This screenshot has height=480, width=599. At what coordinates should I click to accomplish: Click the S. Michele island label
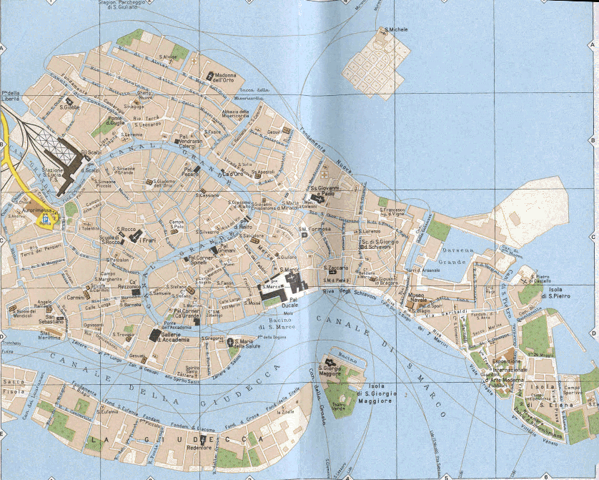(395, 30)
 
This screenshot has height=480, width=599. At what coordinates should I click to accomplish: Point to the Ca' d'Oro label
(234, 173)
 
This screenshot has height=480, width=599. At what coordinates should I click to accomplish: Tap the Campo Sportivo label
(572, 391)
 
